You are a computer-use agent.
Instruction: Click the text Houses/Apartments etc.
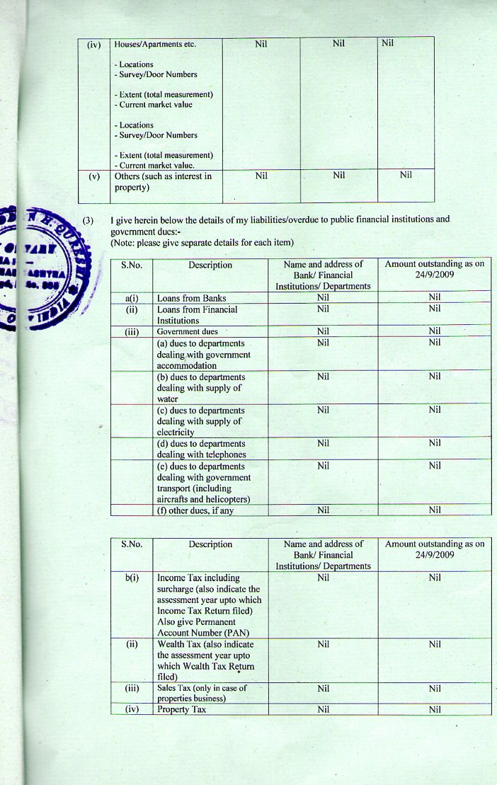click(x=154, y=45)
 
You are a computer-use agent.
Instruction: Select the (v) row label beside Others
click(x=94, y=176)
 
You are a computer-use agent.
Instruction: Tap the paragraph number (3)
click(x=88, y=220)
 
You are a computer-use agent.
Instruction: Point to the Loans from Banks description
click(x=191, y=299)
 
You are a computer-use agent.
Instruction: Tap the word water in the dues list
click(x=168, y=399)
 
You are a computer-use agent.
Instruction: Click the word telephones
click(x=222, y=454)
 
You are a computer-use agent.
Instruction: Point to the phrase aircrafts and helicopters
click(x=204, y=500)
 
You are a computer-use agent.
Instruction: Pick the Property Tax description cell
click(x=181, y=709)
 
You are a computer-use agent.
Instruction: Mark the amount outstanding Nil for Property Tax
click(x=435, y=709)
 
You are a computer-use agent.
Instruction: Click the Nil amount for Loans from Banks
click(x=435, y=298)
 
